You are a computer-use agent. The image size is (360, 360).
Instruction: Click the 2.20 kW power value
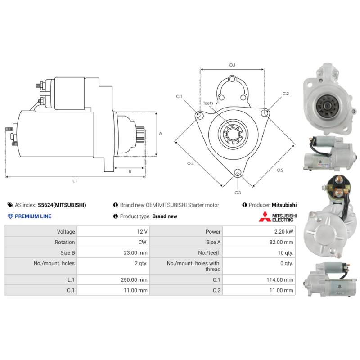pos(283,232)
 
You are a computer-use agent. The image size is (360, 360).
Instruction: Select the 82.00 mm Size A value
pos(281,242)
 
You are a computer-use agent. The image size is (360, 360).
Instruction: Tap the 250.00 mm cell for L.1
pos(134,280)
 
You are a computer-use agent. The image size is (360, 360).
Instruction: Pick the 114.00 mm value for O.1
pos(280,280)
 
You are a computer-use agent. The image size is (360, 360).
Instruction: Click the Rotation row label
pos(65,242)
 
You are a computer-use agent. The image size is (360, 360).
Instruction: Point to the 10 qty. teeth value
pos(285,253)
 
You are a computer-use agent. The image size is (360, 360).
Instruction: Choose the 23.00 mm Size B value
pos(136,253)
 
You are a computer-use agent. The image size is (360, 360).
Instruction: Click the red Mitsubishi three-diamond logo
pos(265,216)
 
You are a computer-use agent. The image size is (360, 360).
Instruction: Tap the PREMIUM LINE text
pos(33,216)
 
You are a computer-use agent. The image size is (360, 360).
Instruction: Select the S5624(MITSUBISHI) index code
pos(62,205)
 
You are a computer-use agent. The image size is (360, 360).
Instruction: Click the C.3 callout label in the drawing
pos(238,193)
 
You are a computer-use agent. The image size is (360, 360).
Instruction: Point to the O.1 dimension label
pos(232,65)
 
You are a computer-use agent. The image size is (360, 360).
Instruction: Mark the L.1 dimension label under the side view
pos(75,181)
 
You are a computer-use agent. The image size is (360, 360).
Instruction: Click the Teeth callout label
pos(208,103)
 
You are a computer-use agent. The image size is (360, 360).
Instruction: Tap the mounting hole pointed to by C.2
pos(265,113)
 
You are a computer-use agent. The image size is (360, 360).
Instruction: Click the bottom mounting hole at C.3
pos(238,172)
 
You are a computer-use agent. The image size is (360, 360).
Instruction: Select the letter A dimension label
pos(161,133)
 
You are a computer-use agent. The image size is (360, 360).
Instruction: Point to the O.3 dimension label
pos(190,163)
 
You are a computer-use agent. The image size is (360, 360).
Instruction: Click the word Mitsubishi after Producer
pos(284,205)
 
